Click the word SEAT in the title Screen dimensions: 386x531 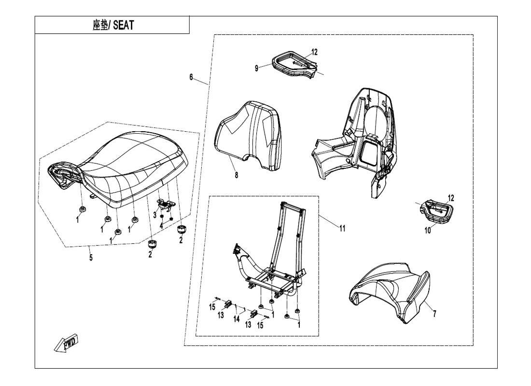click(x=123, y=25)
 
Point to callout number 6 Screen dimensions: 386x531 click(x=191, y=77)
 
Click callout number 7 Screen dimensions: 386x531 click(x=434, y=314)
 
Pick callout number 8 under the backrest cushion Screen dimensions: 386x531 click(x=236, y=175)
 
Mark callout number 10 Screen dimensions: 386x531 click(x=427, y=231)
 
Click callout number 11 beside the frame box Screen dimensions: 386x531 click(x=342, y=229)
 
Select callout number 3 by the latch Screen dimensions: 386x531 click(x=155, y=214)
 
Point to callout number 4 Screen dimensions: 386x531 click(x=161, y=224)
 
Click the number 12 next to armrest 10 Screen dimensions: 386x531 click(x=451, y=198)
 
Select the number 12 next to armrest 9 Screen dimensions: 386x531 click(x=314, y=52)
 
